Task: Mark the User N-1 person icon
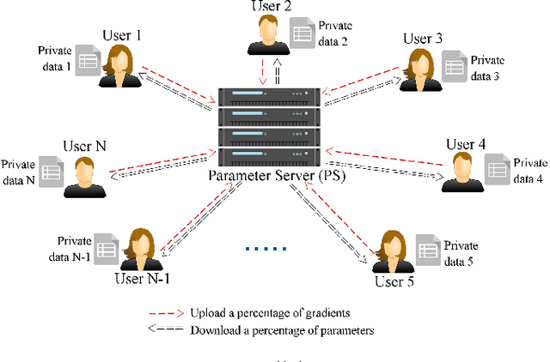click(137, 249)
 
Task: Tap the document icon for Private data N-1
click(105, 248)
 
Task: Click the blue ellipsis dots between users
click(260, 250)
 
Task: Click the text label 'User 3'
click(423, 38)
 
